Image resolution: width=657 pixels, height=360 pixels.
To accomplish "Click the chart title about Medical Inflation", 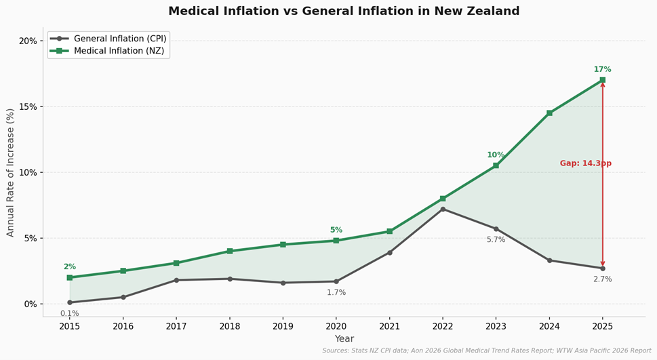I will [344, 12].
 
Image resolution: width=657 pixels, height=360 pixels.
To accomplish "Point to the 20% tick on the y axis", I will [28, 41].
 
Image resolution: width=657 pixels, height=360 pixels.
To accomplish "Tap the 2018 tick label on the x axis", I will [230, 326].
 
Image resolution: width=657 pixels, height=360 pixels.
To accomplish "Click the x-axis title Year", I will [344, 339].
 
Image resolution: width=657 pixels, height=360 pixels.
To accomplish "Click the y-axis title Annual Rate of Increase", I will [10, 172].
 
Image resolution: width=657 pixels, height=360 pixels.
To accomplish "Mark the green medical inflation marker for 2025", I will [602, 80].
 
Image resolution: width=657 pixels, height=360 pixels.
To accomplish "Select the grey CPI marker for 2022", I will [443, 209].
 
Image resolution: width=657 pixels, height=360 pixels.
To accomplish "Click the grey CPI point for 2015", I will [70, 302].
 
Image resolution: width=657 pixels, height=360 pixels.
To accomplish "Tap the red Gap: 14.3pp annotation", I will [585, 163].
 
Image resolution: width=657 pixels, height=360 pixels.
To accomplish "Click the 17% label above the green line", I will [602, 69].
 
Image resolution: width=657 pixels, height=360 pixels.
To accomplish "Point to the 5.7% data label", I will [496, 240].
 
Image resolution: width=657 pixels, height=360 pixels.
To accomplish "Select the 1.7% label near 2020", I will [336, 293].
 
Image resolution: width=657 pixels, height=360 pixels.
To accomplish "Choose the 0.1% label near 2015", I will [69, 313].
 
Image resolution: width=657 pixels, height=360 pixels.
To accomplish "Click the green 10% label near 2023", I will [496, 155].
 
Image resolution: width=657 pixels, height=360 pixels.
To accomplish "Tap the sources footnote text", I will [486, 351].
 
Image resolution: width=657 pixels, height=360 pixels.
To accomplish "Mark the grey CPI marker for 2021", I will [389, 252].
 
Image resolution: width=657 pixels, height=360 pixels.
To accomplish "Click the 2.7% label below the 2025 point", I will [602, 279].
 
